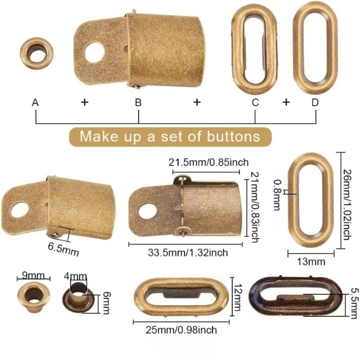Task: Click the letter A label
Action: click(x=35, y=102)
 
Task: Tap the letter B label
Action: click(x=138, y=102)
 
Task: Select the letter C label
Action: click(x=255, y=102)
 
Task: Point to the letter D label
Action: click(x=315, y=102)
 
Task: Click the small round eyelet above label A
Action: click(x=37, y=54)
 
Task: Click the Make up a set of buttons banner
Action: click(x=170, y=136)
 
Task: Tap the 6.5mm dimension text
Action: click(x=63, y=249)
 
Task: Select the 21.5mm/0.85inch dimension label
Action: click(x=208, y=162)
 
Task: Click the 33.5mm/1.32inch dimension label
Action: click(x=188, y=253)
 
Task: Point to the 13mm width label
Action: click(x=311, y=261)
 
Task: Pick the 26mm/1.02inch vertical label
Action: click(x=347, y=204)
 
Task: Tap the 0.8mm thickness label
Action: click(x=277, y=195)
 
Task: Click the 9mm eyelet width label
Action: click(x=33, y=275)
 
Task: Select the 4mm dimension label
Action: click(x=75, y=276)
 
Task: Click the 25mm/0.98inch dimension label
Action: click(x=181, y=330)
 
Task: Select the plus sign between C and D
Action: click(x=286, y=102)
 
